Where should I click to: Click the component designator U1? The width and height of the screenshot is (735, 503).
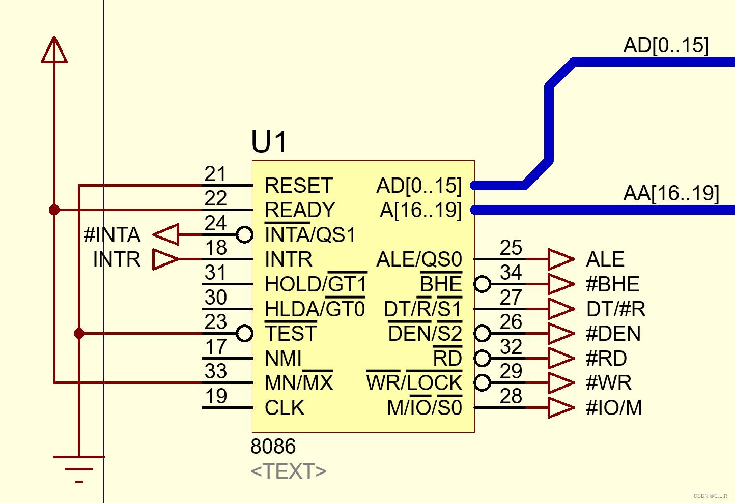tap(269, 142)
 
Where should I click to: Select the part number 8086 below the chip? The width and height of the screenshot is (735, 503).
tap(273, 447)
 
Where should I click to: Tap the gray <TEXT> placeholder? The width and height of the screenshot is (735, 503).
tap(288, 471)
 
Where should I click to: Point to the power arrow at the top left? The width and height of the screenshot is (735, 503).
tap(54, 50)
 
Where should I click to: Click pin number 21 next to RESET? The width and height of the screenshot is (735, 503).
tap(215, 174)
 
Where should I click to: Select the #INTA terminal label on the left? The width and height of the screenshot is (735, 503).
tap(112, 235)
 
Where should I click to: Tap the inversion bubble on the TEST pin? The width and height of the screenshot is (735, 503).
tap(245, 334)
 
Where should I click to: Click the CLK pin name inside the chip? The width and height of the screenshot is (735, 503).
tap(285, 408)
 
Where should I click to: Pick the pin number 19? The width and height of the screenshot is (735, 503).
tap(216, 396)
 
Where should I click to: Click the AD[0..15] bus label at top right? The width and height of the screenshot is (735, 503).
tap(666, 46)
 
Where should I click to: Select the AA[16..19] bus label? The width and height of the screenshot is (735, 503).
tap(671, 194)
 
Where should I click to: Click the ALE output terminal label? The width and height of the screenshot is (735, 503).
tap(605, 259)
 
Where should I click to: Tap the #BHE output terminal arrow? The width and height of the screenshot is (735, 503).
tap(561, 284)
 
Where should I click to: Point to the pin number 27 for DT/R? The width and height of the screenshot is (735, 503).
tap(511, 298)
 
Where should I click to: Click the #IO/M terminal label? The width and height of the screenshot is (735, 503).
tap(614, 408)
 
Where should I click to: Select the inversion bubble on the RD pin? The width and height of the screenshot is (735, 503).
tap(482, 358)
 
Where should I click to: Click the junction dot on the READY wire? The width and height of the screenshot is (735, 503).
tap(54, 210)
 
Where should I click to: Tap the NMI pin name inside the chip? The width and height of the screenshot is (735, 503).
tap(283, 359)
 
